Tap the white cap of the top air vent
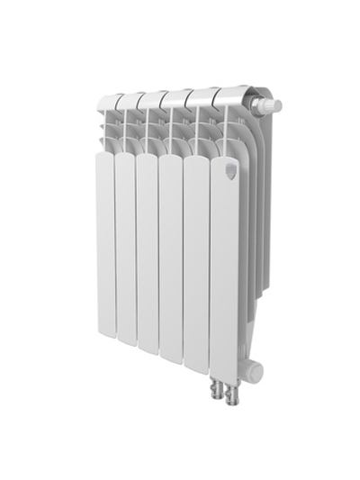pyautogui.click(x=274, y=106)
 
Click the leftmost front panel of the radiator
pyautogui.click(x=104, y=243)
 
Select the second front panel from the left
pyautogui.click(x=125, y=248)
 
